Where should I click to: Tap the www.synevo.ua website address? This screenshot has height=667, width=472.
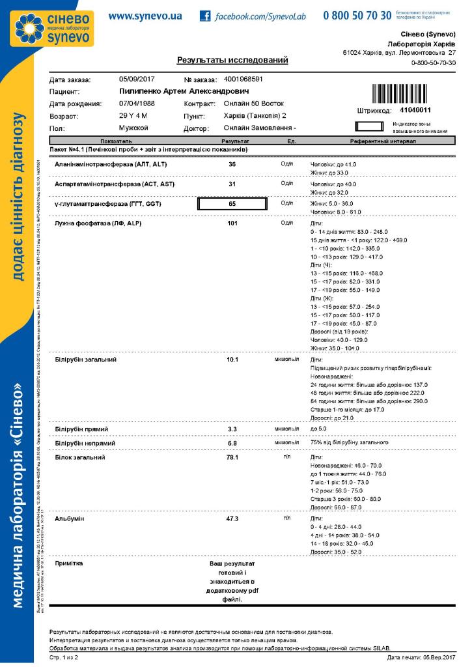145,15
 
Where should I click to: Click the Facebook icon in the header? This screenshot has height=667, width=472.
205,16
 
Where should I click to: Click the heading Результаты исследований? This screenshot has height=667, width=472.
232,61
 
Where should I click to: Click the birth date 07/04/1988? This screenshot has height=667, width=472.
136,104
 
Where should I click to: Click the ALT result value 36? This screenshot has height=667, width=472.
232,164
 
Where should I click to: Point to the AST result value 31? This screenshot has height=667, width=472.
232,184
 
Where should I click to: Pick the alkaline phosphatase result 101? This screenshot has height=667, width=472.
232,223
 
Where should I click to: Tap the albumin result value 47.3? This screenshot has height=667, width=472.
232,519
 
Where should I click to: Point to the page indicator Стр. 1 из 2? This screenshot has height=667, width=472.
64,659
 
